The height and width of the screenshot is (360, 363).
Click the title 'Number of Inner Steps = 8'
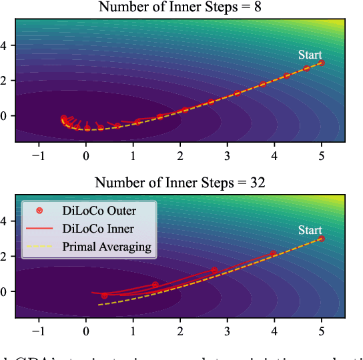click(x=180, y=7)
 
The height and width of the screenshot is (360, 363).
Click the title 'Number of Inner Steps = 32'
click(x=180, y=183)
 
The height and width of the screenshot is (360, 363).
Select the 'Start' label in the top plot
click(x=310, y=55)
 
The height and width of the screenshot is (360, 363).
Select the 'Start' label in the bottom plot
click(x=310, y=230)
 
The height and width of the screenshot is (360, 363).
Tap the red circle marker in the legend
click(x=39, y=211)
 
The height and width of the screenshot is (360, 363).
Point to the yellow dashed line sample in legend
click(x=39, y=247)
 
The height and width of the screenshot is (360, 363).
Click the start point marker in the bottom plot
click(x=321, y=238)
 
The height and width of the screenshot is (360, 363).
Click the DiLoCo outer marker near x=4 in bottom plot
click(x=274, y=254)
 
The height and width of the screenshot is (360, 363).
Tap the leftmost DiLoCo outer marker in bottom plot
click(x=104, y=295)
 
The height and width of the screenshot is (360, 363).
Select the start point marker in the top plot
click(x=321, y=63)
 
